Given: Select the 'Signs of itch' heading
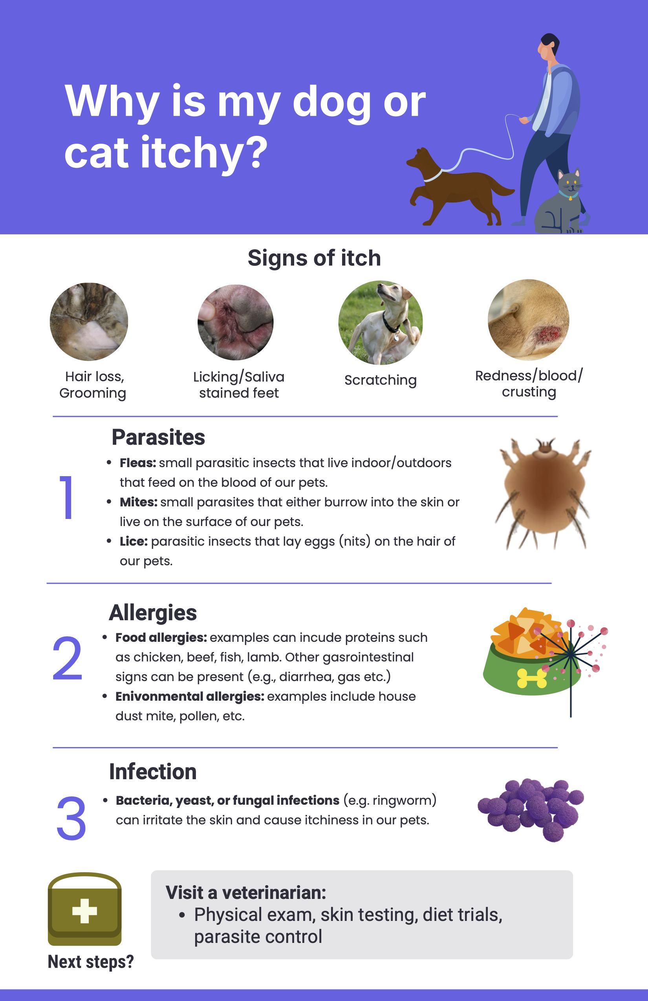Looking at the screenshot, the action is tap(314, 258).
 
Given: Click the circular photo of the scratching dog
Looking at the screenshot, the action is tap(381, 323).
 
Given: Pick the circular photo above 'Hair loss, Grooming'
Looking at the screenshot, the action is tap(89, 322).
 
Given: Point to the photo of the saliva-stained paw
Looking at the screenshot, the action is tap(236, 322).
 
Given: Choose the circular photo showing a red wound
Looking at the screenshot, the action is tap(529, 320).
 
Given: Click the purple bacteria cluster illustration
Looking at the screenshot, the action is tap(531, 809).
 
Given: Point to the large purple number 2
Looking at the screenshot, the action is tap(67, 658).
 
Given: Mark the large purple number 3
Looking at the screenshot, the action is tap(71, 818).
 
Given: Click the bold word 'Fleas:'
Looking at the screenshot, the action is tap(138, 463).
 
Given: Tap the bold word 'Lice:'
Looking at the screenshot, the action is tap(134, 541).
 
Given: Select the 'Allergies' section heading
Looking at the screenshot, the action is tap(153, 613).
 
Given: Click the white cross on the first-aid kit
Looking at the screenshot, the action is tap(84, 911).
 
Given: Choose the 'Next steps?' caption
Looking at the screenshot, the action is tap(90, 961).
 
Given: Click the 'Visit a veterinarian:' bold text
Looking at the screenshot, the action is tap(246, 893).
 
